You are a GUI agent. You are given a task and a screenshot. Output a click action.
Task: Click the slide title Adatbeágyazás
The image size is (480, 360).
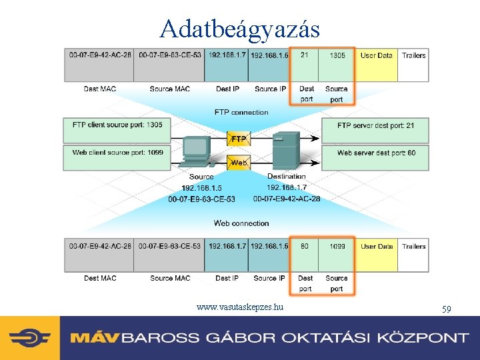tap(240, 28)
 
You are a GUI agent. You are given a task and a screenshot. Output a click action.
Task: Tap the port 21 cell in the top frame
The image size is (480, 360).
tap(304, 55)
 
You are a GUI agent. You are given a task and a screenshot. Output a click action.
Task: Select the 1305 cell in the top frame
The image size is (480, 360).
tap(337, 55)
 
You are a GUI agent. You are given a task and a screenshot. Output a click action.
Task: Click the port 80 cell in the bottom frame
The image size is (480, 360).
tap(305, 247)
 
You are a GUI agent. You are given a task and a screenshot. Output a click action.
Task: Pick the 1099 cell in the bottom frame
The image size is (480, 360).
tap(337, 247)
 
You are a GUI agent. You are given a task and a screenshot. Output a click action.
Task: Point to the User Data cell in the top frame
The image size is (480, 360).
tap(377, 56)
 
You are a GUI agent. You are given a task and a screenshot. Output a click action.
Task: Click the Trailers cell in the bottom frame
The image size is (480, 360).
tap(414, 247)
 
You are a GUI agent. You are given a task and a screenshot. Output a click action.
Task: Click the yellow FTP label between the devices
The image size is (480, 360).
tap(239, 139)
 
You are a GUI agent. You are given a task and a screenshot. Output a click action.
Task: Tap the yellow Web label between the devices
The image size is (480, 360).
tap(239, 162)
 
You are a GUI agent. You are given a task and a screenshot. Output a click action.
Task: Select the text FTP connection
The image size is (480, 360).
tap(241, 112)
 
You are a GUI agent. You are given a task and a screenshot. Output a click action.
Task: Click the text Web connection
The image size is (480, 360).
tap(241, 223)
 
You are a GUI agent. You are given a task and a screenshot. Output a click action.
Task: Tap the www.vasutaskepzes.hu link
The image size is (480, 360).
tap(240, 307)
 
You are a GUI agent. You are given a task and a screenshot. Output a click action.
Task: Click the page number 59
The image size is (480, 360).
tap(447, 309)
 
